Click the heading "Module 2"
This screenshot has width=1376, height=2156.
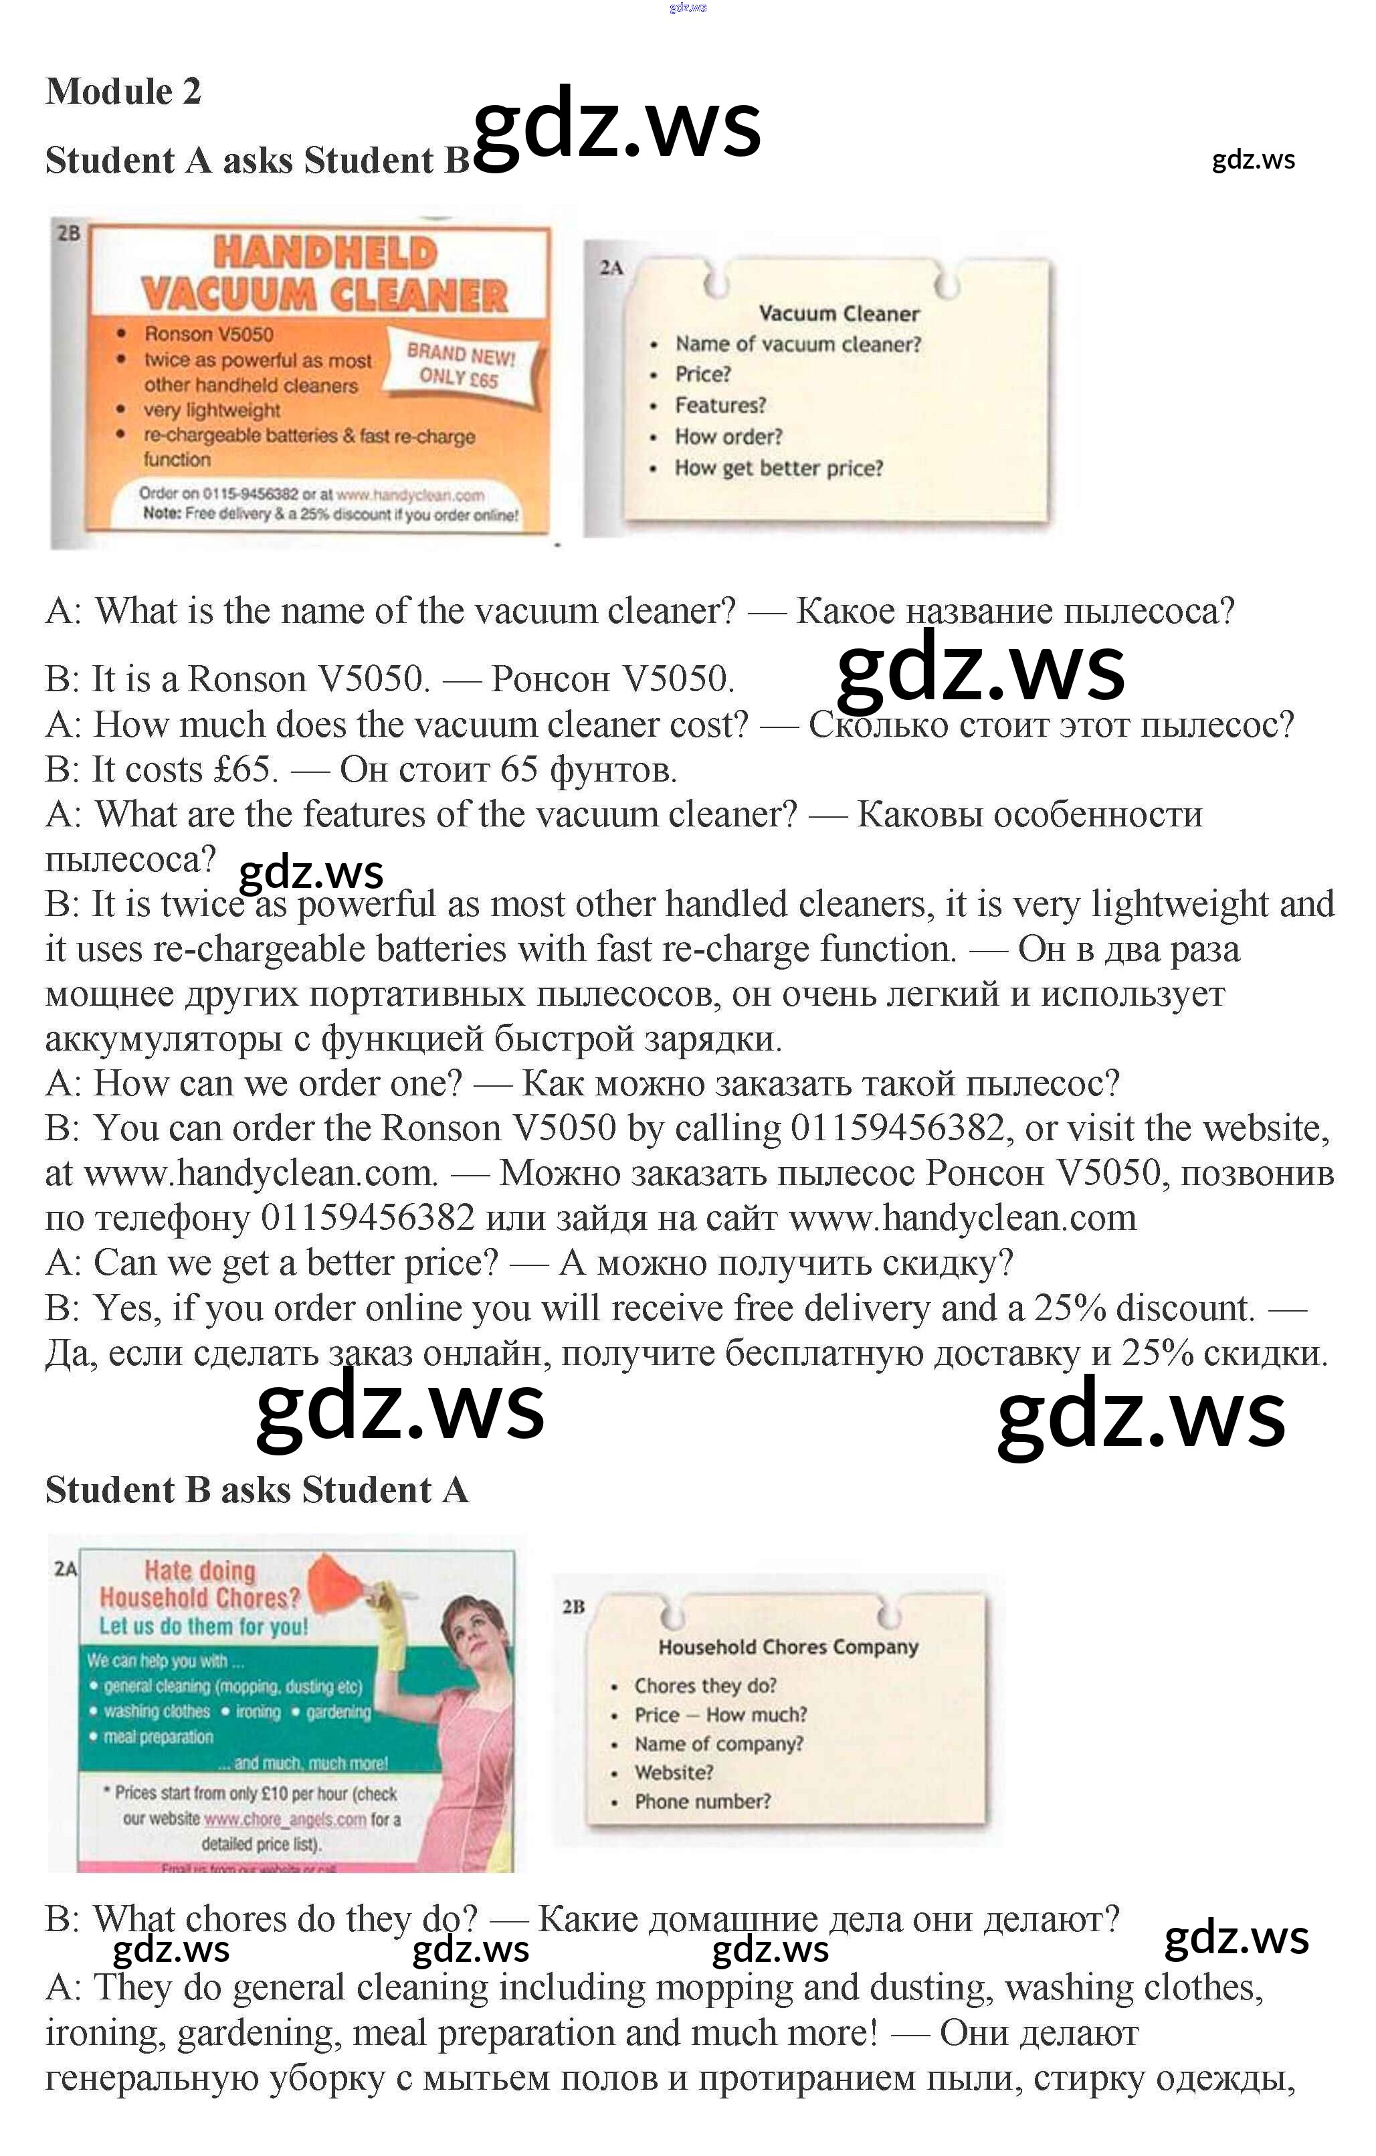click(124, 91)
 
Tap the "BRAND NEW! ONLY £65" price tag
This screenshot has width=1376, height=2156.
click(460, 365)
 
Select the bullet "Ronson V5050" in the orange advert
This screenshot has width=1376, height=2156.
click(209, 334)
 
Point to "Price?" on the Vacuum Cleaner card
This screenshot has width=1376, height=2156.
click(703, 374)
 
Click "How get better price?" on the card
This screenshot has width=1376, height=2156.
click(778, 468)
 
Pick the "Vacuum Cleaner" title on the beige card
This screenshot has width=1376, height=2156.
click(839, 313)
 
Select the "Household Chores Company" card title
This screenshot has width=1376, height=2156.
click(788, 1647)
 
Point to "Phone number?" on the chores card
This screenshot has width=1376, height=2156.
click(702, 1801)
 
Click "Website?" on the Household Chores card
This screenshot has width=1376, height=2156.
click(673, 1773)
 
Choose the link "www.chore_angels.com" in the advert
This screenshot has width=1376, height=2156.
click(285, 1819)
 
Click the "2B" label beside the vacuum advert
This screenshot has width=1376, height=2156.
click(68, 234)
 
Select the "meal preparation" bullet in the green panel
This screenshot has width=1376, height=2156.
click(159, 1737)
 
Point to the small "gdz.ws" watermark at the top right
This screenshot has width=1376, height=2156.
click(1252, 159)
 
